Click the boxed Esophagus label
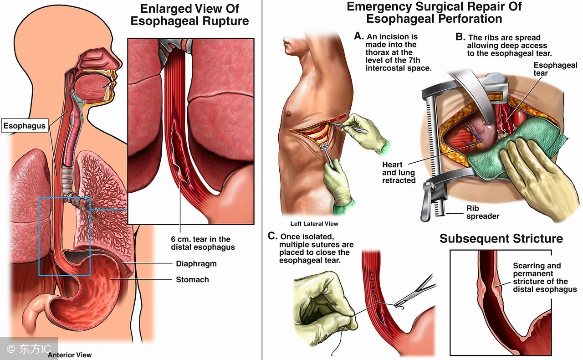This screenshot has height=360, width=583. (25, 125)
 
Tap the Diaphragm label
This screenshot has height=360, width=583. (196, 264)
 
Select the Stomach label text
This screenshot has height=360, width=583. (192, 279)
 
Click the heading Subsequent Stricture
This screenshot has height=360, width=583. (501, 239)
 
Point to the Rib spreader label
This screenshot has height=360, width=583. (482, 212)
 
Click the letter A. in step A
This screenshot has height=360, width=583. (358, 36)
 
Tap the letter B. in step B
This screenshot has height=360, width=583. (460, 37)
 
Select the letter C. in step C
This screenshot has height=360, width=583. (272, 236)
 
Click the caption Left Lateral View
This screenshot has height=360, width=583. (314, 224)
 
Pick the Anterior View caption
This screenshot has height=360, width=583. (70, 355)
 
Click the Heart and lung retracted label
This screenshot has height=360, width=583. (399, 173)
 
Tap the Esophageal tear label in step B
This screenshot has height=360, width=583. (555, 69)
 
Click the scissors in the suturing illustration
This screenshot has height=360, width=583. (414, 292)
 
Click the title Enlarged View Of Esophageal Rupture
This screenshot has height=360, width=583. (189, 15)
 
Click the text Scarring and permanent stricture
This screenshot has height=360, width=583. (545, 278)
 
